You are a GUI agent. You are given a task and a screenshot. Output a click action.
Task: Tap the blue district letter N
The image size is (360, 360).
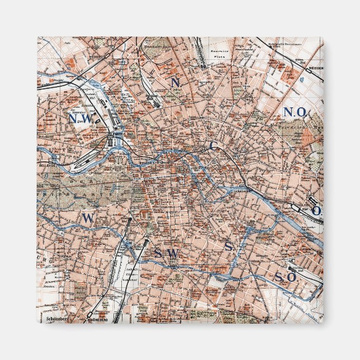[x=175, y=82]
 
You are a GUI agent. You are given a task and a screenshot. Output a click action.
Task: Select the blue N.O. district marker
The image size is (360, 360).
[x=295, y=112]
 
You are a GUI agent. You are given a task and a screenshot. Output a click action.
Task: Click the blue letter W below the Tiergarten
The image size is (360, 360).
[x=87, y=218]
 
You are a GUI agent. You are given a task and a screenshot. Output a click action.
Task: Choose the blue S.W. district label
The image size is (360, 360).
[x=165, y=254]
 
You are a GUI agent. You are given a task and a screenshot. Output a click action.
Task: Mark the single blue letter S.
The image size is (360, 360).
[x=229, y=247]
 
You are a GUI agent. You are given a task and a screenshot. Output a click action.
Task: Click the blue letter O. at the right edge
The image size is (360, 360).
[x=317, y=210]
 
